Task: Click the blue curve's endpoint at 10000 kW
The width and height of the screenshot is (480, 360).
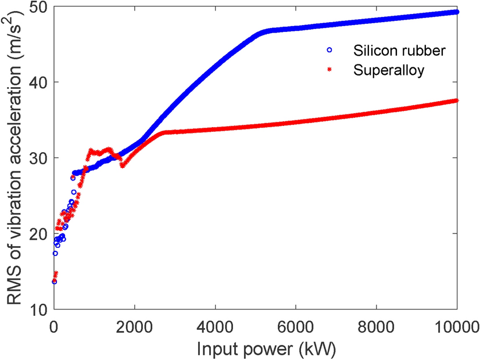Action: [457, 12]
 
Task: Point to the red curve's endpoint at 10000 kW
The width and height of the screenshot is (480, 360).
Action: [457, 100]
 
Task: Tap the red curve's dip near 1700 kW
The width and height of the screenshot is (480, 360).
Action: [123, 165]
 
